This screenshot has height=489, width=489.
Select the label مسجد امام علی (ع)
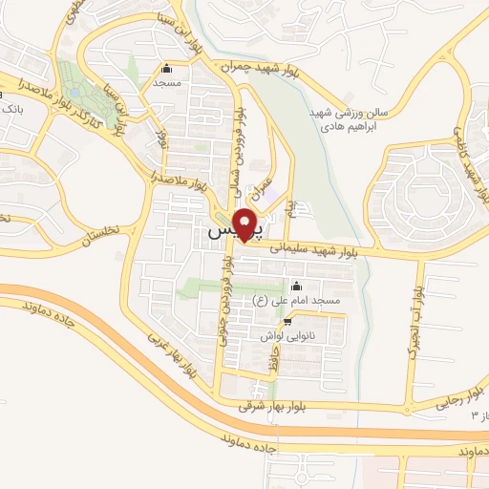click(x=296, y=301)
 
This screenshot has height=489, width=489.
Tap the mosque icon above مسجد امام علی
click(x=296, y=287)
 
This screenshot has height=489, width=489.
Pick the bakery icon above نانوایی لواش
click(x=287, y=323)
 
